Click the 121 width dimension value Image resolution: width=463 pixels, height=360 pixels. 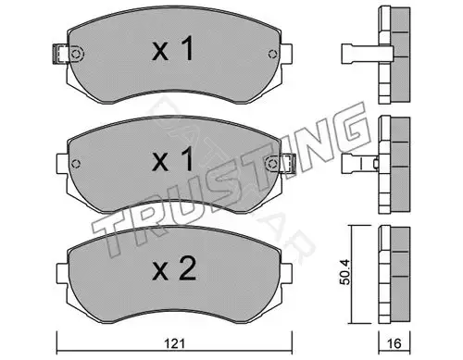click(x=174, y=343)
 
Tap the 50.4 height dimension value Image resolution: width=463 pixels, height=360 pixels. click(x=345, y=272)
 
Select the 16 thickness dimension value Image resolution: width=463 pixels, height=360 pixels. click(x=394, y=343)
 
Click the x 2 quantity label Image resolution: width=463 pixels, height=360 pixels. click(x=174, y=269)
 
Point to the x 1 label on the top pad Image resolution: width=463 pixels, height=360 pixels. click(x=173, y=48)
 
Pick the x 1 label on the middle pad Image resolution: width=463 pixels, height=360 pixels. click(x=173, y=159)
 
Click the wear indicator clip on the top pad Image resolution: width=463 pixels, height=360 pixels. click(x=61, y=54)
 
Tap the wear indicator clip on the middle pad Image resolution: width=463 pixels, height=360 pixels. click(x=288, y=163)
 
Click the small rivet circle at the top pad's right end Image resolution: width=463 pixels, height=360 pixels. click(x=272, y=54)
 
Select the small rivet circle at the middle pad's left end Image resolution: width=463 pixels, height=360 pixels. click(x=76, y=164)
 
